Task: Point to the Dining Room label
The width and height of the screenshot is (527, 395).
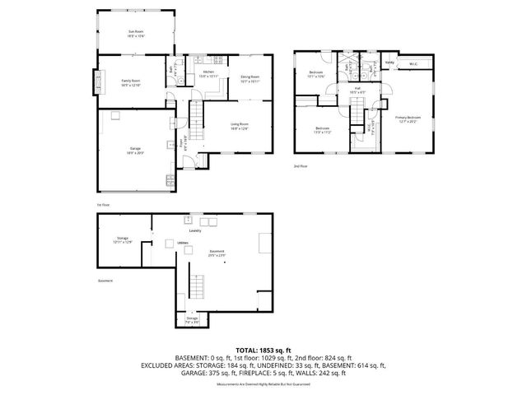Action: pyautogui.click(x=250, y=78)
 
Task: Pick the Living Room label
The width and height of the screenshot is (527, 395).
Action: pyautogui.click(x=240, y=126)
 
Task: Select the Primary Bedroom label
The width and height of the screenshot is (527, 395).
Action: pyautogui.click(x=408, y=118)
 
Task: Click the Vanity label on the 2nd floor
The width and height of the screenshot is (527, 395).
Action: pyautogui.click(x=389, y=63)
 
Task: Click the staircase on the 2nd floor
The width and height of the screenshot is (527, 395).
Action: pyautogui.click(x=357, y=120)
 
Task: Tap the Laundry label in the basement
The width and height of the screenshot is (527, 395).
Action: pyautogui.click(x=195, y=230)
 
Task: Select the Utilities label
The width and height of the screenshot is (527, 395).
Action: pyautogui.click(x=182, y=243)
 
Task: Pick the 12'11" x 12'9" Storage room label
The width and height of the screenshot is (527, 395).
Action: pyautogui.click(x=123, y=239)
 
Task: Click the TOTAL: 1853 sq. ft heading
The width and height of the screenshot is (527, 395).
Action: pyautogui.click(x=263, y=350)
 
